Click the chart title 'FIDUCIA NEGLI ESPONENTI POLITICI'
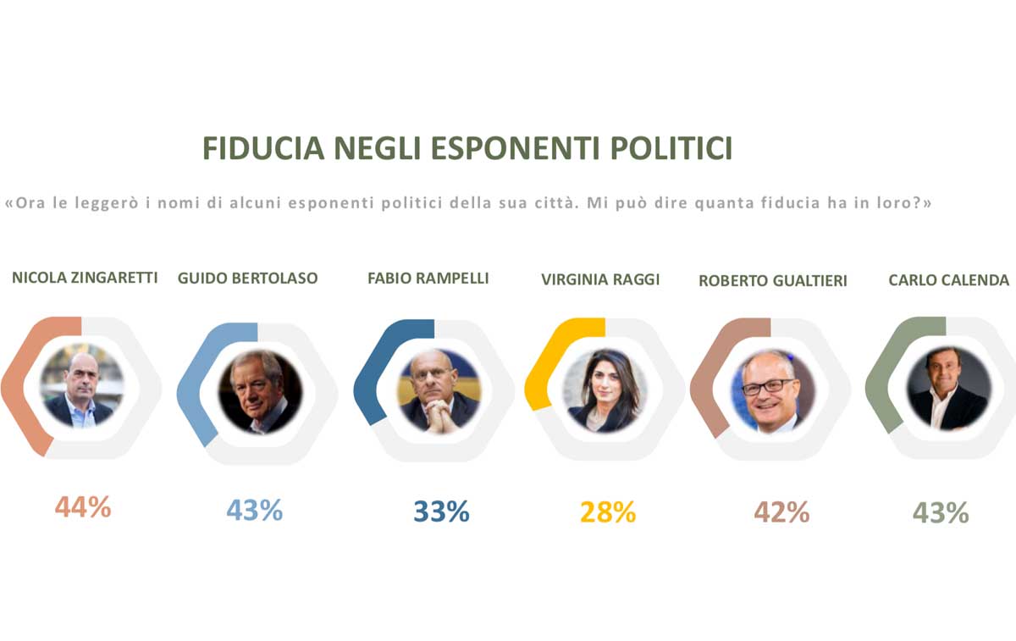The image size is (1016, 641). point(467,148)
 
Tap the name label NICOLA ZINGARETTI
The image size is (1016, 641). point(85,278)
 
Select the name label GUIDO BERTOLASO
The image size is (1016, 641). point(248,279)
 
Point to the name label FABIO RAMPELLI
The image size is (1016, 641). point(428,278)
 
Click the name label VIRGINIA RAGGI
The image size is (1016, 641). point(600,279)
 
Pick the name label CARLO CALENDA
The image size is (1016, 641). point(948,280)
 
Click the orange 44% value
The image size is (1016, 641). point(83,507)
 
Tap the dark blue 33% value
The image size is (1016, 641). point(441,511)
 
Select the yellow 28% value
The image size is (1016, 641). point(608,512)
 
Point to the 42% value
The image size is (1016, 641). point(781,512)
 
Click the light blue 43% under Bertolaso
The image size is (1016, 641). point(254,511)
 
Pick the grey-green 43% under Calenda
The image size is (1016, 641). point(941,513)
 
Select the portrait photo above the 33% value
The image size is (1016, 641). point(439,390)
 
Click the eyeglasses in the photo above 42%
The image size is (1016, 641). point(767,386)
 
